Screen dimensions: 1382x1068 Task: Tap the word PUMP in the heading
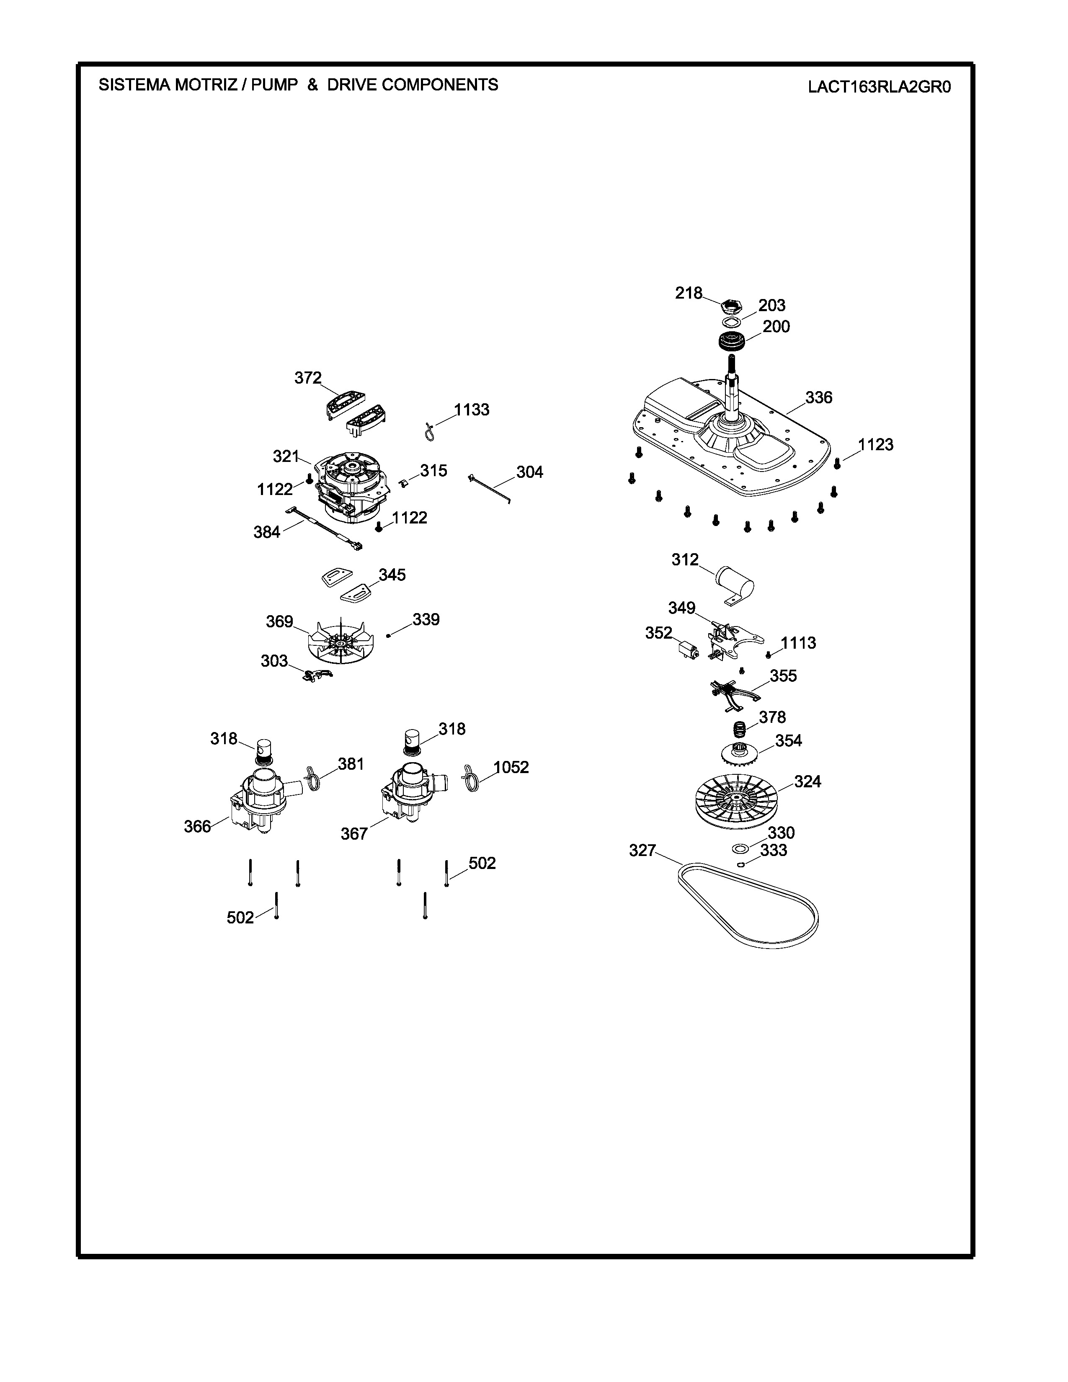274,85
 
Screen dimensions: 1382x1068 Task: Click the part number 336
819,397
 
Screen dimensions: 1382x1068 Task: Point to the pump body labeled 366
259,800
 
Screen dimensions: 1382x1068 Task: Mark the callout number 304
529,472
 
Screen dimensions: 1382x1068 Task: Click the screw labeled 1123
837,464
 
